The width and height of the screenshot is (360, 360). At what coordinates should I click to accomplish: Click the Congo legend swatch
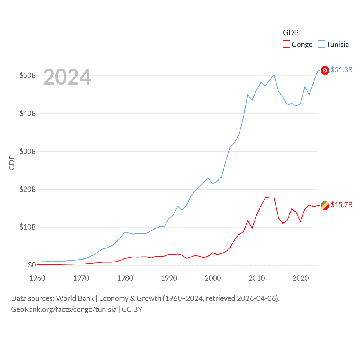pyautogui.click(x=286, y=44)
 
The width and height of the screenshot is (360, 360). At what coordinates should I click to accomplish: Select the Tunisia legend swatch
pyautogui.click(x=321, y=44)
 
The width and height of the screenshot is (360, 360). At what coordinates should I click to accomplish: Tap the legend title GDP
pyautogui.click(x=291, y=33)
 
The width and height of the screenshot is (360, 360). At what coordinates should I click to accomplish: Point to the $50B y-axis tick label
pyautogui.click(x=27, y=76)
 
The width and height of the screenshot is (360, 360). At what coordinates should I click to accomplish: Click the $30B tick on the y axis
pyautogui.click(x=27, y=151)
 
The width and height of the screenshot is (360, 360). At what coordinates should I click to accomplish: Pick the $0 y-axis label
pyautogui.click(x=32, y=265)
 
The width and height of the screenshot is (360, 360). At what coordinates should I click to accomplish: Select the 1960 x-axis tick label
pyautogui.click(x=37, y=278)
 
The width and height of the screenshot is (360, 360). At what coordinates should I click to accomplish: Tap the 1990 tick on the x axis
pyautogui.click(x=169, y=278)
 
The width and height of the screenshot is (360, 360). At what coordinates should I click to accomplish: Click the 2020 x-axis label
pyautogui.click(x=300, y=278)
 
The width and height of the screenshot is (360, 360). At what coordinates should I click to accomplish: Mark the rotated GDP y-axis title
pyautogui.click(x=12, y=163)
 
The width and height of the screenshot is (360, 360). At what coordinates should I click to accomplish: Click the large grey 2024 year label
pyautogui.click(x=67, y=77)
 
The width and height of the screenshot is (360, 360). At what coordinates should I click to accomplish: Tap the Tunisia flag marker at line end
pyautogui.click(x=325, y=70)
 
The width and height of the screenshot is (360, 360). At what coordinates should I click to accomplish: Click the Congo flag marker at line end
pyautogui.click(x=325, y=205)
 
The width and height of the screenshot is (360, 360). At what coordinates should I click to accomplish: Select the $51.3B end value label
pyautogui.click(x=341, y=70)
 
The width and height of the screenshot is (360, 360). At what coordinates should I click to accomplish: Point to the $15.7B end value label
pyautogui.click(x=341, y=205)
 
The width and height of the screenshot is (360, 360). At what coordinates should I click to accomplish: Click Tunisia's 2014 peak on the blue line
pyautogui.click(x=274, y=74)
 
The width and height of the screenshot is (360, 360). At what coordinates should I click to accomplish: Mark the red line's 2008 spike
pyautogui.click(x=248, y=221)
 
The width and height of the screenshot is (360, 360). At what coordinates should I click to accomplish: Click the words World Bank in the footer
pyautogui.click(x=75, y=298)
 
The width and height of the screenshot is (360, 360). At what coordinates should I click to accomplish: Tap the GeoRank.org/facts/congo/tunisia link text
pyautogui.click(x=64, y=309)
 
